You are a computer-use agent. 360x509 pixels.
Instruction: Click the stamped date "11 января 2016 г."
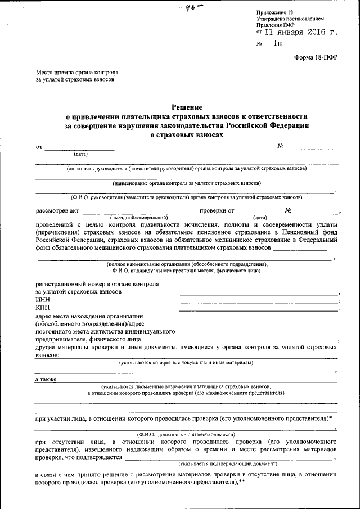click(x=298, y=33)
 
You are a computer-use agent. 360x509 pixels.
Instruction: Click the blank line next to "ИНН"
click(x=259, y=302)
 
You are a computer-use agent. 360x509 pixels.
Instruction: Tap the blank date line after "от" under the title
click(x=79, y=148)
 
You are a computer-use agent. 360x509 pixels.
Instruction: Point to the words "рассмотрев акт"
click(x=56, y=211)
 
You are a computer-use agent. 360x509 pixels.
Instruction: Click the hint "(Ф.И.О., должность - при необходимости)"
click(x=186, y=434)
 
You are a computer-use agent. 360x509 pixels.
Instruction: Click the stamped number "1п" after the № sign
click(x=278, y=44)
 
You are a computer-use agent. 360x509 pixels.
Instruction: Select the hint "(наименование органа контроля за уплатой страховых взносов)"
click(x=186, y=183)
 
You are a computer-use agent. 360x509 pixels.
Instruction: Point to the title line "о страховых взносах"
click(x=186, y=135)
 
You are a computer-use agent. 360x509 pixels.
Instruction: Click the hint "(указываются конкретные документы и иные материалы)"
click(x=186, y=363)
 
